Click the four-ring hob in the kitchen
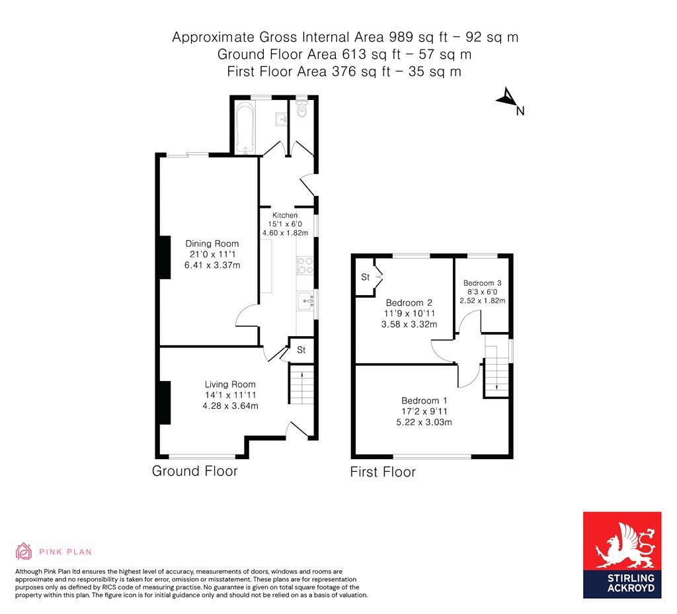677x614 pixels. click(305, 265)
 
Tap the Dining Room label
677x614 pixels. click(212, 243)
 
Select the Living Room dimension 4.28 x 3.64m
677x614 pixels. click(231, 406)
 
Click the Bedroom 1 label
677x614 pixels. click(424, 400)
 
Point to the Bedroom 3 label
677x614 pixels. click(483, 282)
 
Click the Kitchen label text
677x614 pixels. click(285, 215)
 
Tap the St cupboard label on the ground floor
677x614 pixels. click(301, 350)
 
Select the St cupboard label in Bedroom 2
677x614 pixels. click(365, 277)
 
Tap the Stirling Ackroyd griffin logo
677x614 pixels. click(621, 545)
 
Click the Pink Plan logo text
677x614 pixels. click(65, 551)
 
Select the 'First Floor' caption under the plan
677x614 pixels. click(383, 472)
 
